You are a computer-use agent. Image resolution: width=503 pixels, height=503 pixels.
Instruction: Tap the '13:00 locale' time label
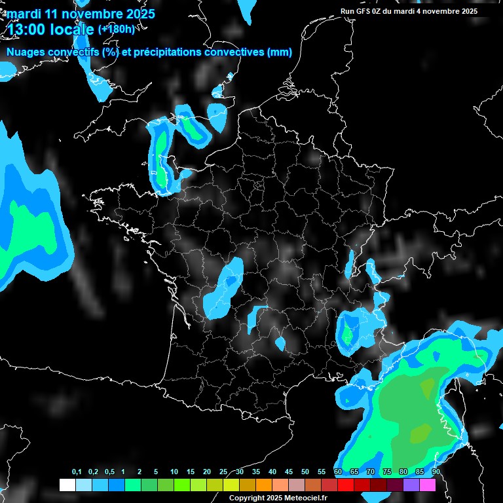click(x=51, y=29)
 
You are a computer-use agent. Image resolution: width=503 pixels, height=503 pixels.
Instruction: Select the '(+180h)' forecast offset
click(x=116, y=29)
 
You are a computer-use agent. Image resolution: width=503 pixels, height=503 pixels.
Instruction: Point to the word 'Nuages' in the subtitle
click(x=27, y=52)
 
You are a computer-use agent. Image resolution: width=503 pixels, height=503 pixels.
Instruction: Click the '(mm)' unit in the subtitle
click(x=280, y=52)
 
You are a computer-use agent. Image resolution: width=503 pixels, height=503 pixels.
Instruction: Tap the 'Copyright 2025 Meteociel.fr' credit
click(x=278, y=498)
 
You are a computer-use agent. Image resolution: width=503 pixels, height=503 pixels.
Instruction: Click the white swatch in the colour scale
click(x=67, y=485)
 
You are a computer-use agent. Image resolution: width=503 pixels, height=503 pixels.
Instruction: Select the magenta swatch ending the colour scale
click(x=428, y=485)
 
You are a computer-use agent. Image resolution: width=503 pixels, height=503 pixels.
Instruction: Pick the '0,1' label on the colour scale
click(x=77, y=472)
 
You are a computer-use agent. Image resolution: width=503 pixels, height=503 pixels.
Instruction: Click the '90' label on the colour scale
click(x=436, y=472)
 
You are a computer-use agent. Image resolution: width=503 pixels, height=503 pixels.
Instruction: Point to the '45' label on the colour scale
click(x=289, y=472)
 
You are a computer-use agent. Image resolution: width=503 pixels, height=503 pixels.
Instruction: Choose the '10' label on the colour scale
click(x=174, y=472)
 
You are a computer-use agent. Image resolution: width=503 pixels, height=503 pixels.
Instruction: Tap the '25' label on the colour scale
click(x=223, y=472)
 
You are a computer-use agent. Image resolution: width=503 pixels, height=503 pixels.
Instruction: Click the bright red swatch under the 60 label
click(x=345, y=485)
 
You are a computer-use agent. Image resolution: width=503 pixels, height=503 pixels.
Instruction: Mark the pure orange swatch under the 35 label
click(x=263, y=485)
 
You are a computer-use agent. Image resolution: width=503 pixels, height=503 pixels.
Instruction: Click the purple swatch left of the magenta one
click(x=411, y=485)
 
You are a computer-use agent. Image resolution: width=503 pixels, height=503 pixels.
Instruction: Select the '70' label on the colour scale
click(x=371, y=472)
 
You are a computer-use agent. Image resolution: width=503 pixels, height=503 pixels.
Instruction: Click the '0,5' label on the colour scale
click(x=109, y=472)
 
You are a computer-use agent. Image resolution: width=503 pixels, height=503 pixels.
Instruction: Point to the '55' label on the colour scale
click(x=322, y=472)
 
